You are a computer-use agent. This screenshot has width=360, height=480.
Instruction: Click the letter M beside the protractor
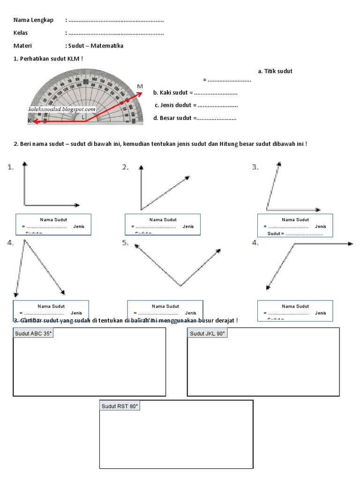(140, 86)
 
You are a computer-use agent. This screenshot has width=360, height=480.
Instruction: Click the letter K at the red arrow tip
(30, 120)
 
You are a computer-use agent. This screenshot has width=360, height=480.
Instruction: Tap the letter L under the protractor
(83, 117)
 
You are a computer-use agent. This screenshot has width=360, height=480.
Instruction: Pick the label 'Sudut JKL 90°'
(208, 334)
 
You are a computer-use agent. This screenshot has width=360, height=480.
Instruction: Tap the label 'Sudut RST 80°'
(120, 406)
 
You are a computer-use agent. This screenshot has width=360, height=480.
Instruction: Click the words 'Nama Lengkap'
(33, 20)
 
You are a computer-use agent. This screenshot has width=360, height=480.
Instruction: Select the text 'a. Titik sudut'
(275, 71)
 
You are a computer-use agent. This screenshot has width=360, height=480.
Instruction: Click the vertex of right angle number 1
(24, 205)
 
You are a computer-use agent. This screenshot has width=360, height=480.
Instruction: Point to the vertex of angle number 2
(141, 209)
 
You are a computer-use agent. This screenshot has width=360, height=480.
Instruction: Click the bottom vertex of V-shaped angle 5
(180, 285)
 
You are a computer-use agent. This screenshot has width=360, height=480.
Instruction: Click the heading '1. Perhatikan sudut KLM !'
(49, 59)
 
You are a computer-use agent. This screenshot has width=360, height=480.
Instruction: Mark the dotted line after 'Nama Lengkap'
(116, 20)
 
